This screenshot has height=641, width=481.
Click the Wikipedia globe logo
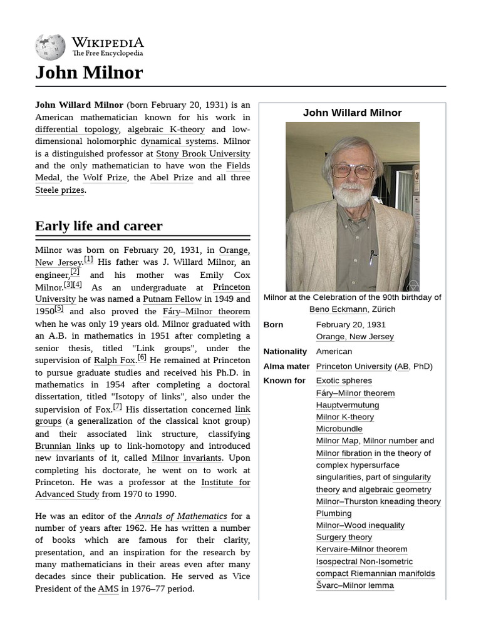(x=50, y=47)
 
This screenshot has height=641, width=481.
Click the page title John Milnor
(x=89, y=73)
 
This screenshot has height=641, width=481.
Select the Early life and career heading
(x=98, y=226)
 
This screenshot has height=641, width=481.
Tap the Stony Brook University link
(x=203, y=153)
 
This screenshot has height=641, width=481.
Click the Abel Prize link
(x=171, y=178)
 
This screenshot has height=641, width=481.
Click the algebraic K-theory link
(x=166, y=130)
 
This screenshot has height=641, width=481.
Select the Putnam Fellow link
(x=170, y=299)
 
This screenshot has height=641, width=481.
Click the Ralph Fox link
(x=115, y=360)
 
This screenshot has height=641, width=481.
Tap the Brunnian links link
(x=65, y=446)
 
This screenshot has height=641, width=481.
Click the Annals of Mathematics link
(x=181, y=516)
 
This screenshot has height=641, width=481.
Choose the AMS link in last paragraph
(x=108, y=589)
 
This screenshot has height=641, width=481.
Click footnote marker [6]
(x=142, y=357)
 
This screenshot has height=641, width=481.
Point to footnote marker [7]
(x=117, y=406)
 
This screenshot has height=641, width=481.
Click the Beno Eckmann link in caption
(x=337, y=309)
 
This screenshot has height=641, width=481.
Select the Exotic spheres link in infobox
(x=344, y=381)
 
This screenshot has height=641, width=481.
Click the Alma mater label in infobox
(x=286, y=366)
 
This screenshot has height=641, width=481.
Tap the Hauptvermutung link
(x=347, y=405)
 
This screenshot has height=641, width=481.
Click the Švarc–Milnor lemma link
(x=354, y=585)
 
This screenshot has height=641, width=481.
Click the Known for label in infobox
(x=284, y=381)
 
